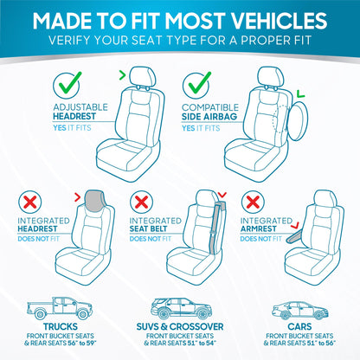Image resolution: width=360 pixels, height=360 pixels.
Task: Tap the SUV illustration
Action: click(x=177, y=308)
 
